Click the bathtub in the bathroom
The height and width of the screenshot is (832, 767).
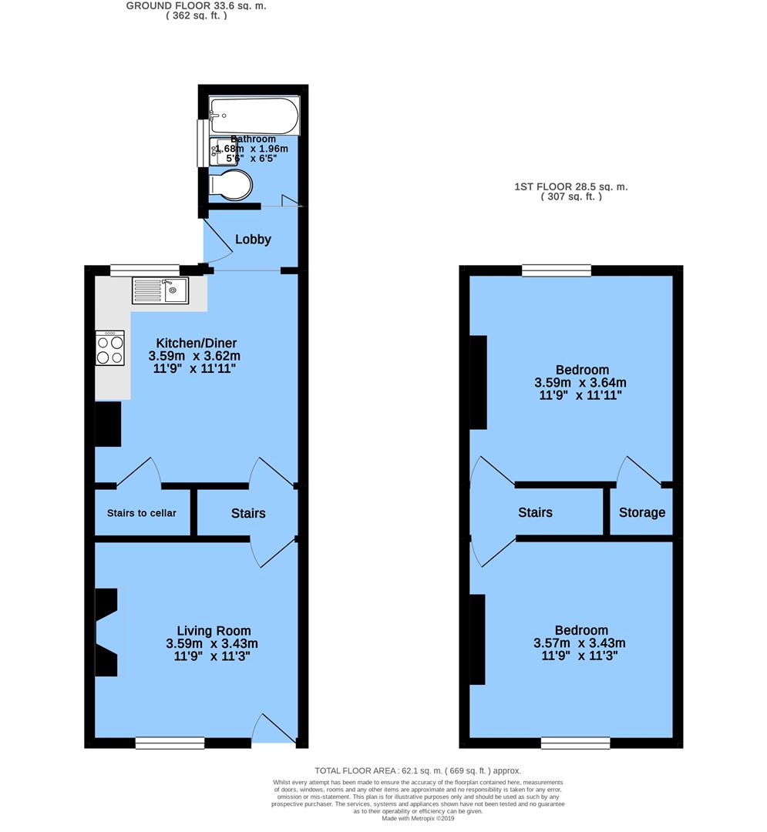254,116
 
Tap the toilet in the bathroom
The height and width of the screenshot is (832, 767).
232,186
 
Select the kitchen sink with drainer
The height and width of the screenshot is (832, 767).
160,290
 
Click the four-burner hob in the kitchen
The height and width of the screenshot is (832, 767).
109,347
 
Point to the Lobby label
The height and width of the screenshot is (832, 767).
253,240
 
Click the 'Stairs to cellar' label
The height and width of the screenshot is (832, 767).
141,513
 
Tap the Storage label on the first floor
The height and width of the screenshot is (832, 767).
641,512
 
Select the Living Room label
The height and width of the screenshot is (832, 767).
214,631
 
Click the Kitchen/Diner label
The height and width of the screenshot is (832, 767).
196,343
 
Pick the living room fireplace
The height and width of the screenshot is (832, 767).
107,632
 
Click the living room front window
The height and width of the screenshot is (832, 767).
170,743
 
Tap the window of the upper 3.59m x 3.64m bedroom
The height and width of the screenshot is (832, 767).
557,270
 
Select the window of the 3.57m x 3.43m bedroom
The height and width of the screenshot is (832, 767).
575,743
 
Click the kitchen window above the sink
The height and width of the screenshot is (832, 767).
145,270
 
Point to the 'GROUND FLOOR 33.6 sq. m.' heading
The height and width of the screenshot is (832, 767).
197,5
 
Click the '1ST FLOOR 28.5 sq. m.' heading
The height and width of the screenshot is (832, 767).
570,186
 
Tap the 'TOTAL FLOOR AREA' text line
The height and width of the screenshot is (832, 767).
418,770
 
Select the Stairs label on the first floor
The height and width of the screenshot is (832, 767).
535,512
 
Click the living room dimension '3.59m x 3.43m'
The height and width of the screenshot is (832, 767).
212,644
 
